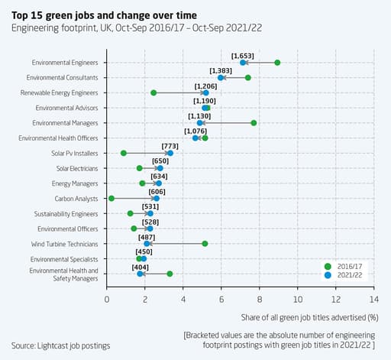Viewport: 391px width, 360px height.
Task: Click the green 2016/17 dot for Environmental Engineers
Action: pos(277,63)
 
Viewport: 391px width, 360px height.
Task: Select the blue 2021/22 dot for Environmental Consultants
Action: pos(221,78)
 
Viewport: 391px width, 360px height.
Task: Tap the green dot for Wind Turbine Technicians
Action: pos(205,244)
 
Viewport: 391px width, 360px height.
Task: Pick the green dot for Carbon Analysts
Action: pos(111,199)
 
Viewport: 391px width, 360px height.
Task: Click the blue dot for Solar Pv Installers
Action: pos(170,154)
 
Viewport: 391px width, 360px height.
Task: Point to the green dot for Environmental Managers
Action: pos(254,123)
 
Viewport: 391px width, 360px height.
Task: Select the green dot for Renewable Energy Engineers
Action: pos(153,93)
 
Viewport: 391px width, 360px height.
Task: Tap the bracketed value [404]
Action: pos(141,267)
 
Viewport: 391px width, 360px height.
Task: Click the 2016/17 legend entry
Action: pos(348,265)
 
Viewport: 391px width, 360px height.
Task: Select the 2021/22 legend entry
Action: pos(348,274)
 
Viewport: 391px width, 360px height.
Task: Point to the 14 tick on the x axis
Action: pos(373,300)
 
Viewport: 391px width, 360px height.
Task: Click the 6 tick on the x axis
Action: pos(221,300)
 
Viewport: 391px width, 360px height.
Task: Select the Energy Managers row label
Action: pos(75,183)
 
